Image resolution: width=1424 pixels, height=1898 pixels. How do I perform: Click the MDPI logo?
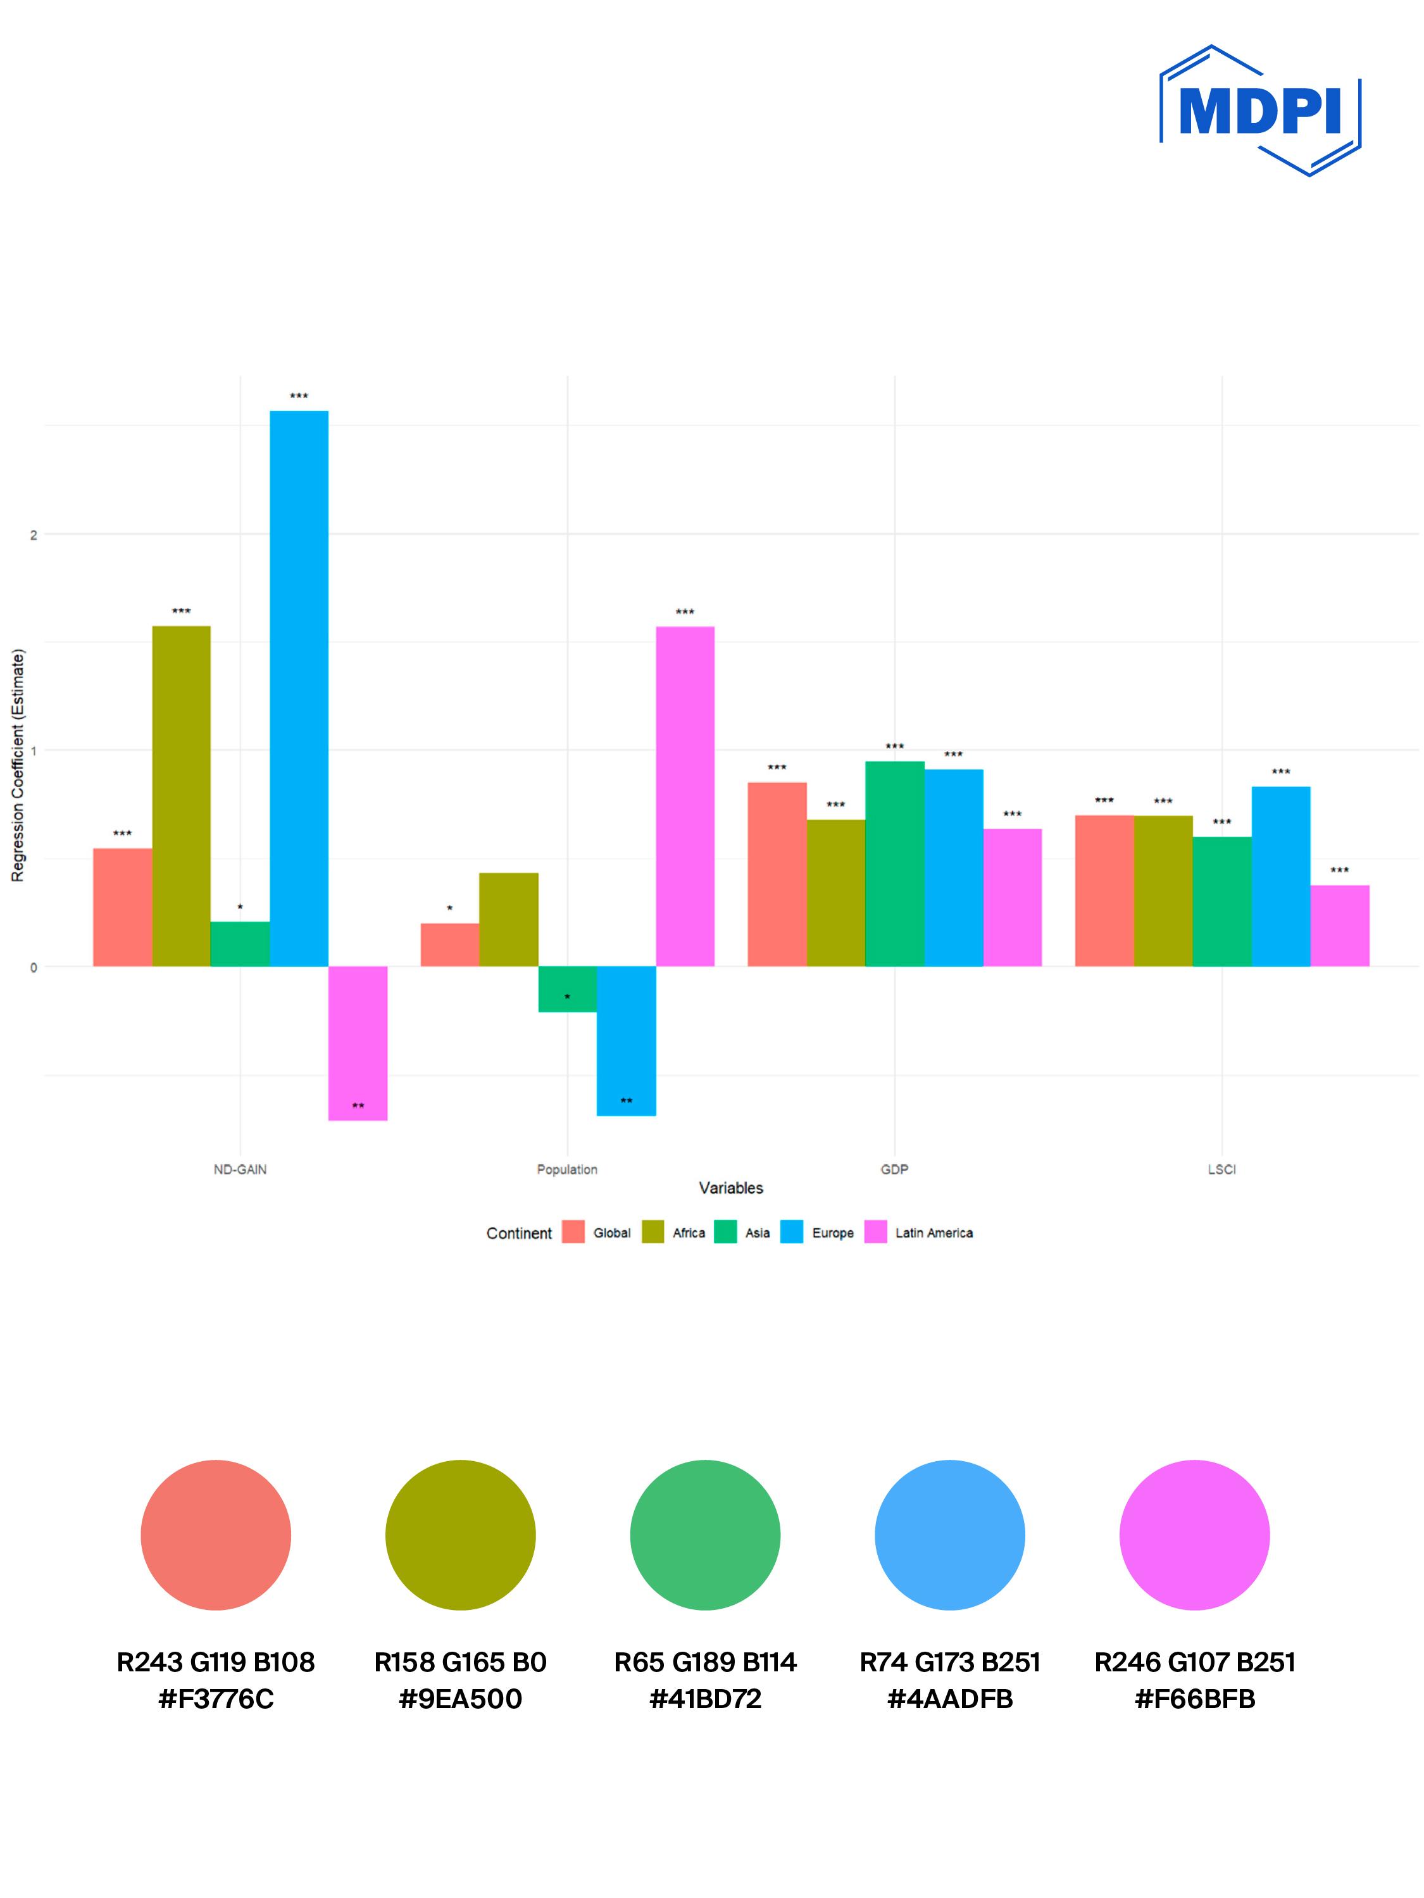point(1259,111)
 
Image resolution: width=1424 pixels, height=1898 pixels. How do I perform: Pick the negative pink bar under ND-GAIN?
point(358,1043)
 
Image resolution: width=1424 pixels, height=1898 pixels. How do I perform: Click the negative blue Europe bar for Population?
point(626,1040)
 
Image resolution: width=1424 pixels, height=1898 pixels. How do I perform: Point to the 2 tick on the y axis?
point(34,534)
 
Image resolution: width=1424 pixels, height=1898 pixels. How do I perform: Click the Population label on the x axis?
point(567,1169)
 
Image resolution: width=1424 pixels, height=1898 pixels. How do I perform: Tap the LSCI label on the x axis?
point(1221,1169)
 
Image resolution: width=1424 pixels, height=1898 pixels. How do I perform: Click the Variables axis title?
point(731,1188)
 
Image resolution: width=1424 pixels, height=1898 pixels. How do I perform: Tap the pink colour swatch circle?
point(1194,1535)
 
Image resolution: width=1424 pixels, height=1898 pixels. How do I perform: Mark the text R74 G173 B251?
point(949,1662)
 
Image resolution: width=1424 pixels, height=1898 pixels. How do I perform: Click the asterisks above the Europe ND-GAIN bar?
point(299,396)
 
